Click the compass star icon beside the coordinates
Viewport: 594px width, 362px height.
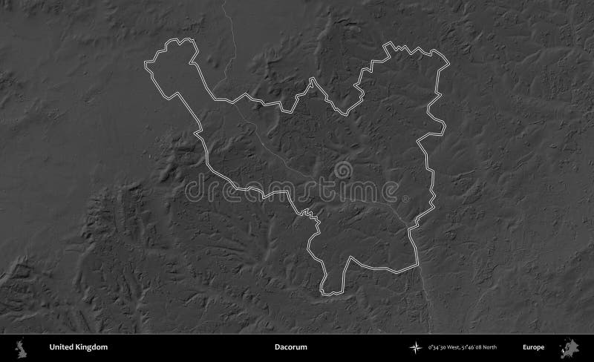[414, 346]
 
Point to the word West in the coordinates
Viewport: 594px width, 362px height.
[455, 347]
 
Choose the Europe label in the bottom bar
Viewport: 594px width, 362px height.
[533, 346]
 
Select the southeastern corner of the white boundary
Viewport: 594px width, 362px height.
[417, 265]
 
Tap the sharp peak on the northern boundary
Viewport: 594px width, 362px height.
[311, 81]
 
